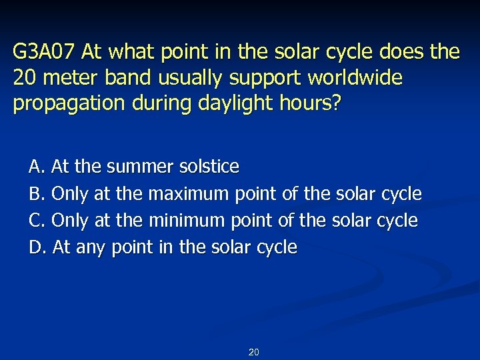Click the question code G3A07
click(43, 51)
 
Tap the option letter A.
click(35, 166)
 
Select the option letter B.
click(35, 193)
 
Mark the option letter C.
click(35, 220)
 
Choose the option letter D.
click(35, 247)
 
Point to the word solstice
click(209, 166)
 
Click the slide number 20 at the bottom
click(253, 352)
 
